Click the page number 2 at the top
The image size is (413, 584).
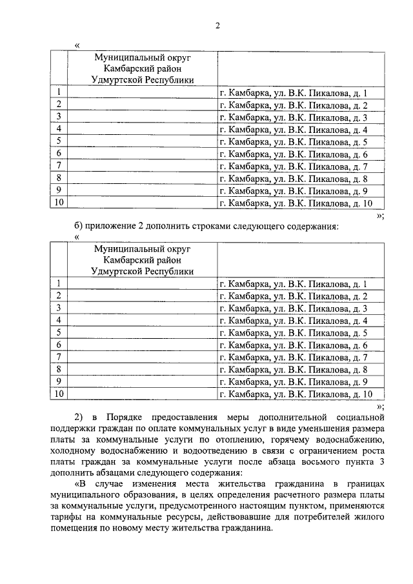coord(217,26)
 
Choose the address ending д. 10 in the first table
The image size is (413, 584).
coord(296,203)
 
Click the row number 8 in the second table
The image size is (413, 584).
coord(59,370)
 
